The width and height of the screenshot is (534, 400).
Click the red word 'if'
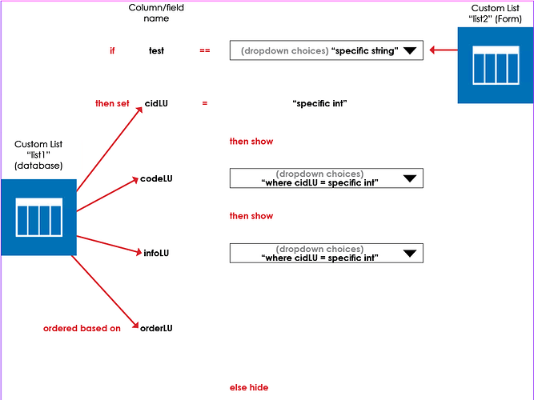tap(112, 50)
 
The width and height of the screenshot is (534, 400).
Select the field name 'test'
tap(156, 50)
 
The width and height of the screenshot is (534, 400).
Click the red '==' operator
tap(205, 50)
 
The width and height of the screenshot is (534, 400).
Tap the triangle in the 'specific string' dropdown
tap(410, 50)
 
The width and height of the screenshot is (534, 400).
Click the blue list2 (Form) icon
tap(495, 65)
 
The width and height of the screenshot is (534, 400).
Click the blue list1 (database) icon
tap(38, 217)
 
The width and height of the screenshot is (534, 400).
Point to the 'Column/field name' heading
tap(156, 13)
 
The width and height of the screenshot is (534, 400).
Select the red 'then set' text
tap(112, 103)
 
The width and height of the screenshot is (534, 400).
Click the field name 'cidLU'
tap(156, 103)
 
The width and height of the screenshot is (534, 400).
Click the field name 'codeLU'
tap(156, 178)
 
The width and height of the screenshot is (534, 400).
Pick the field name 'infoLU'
tap(156, 253)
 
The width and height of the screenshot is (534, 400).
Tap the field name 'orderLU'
tap(156, 328)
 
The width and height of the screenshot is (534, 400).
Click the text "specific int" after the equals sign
tap(319, 103)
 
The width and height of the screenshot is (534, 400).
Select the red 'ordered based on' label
tap(82, 328)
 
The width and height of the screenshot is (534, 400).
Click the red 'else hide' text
tap(249, 387)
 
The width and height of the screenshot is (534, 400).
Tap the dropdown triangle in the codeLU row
tap(410, 178)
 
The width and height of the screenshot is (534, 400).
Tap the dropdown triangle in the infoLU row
tap(410, 253)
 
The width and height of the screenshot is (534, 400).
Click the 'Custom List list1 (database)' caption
tap(38, 154)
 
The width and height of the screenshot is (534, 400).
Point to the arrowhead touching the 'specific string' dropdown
tap(433, 50)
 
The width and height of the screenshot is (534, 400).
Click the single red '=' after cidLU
tap(205, 103)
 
